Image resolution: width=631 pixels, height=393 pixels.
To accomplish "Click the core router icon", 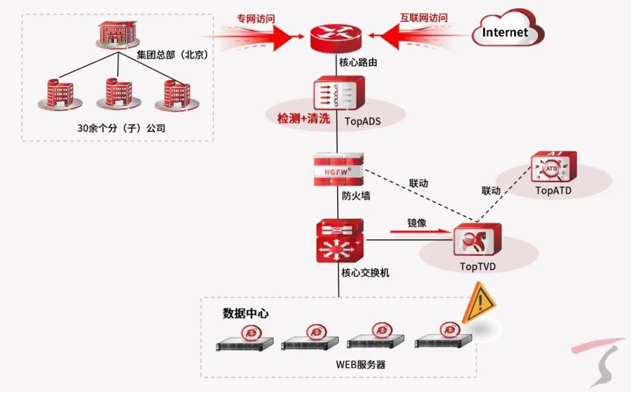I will tap(338, 36).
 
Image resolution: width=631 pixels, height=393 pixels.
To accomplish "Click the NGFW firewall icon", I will tap(338, 170).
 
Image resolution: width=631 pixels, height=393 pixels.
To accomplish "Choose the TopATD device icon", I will tap(553, 168).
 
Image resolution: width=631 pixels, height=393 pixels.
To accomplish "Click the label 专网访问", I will tap(255, 18).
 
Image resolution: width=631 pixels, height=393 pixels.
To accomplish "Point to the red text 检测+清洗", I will tap(304, 119).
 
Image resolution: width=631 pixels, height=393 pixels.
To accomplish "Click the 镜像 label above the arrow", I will tap(417, 223).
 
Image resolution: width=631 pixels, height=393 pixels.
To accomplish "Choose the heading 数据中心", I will tap(245, 313).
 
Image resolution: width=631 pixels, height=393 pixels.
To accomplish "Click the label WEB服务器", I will tap(361, 364).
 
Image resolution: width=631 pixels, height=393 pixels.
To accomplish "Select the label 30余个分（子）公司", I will tap(122, 127).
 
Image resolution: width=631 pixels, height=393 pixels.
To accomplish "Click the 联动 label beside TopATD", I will tap(491, 191).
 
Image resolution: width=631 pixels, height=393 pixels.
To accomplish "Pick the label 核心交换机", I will tap(365, 273).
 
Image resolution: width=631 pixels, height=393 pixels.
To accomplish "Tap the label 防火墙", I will tap(356, 196).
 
